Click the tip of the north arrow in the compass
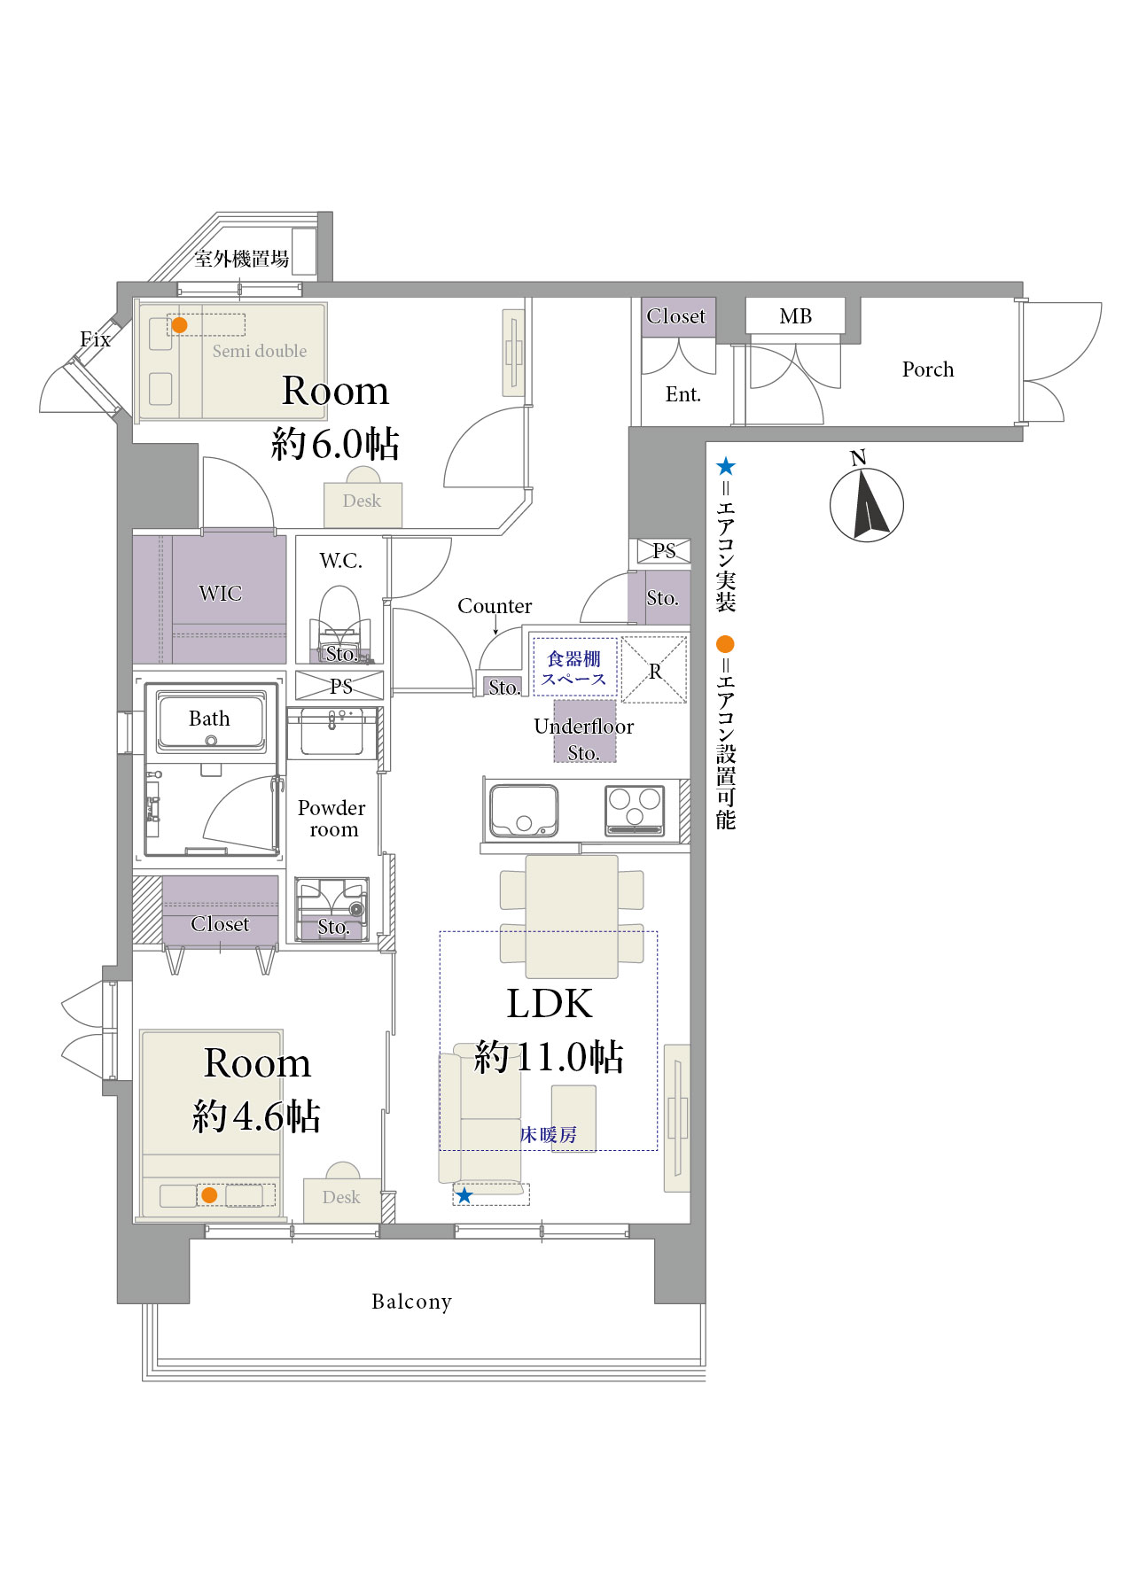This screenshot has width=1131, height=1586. pos(864,470)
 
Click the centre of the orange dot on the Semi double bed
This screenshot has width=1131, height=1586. pos(179,325)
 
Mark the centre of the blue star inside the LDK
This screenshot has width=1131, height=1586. pos(464,1196)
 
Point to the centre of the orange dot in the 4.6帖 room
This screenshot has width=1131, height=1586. pos(209,1195)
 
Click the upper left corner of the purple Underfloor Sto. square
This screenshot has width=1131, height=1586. pos(554,700)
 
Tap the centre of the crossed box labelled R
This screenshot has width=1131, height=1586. pos(654,670)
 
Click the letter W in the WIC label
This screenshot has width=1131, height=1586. pos(207,594)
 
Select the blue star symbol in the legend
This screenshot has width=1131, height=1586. pos(726,466)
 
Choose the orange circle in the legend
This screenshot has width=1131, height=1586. pos(726,644)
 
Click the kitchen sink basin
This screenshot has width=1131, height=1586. pos(525,810)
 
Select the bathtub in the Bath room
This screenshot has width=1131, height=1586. pos(211,720)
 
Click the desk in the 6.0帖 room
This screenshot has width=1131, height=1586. pos(363,501)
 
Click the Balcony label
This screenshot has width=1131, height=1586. pos(412,1302)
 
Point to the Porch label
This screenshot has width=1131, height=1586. pos(928,369)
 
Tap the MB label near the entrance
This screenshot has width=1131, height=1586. pos(796,316)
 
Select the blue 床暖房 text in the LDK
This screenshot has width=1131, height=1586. pos(549,1135)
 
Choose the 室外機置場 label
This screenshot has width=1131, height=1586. pos(242,259)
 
